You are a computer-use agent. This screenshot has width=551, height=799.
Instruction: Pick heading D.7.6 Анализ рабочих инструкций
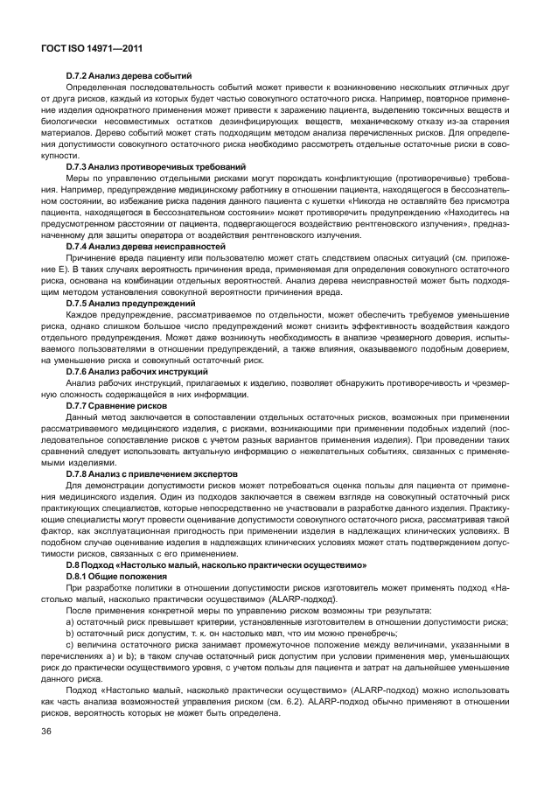coord(144,370)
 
